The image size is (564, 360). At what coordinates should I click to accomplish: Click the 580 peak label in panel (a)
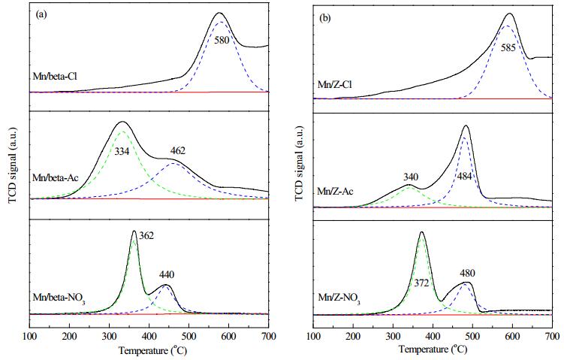(x=222, y=40)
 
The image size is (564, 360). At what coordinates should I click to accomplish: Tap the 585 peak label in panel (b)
(x=508, y=48)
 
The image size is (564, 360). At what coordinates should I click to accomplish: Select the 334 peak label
(x=122, y=152)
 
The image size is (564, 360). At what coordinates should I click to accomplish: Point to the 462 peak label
(x=178, y=151)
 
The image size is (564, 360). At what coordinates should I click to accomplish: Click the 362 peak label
(x=146, y=236)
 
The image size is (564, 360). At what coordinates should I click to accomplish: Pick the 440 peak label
(x=167, y=275)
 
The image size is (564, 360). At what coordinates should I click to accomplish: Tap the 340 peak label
(x=411, y=177)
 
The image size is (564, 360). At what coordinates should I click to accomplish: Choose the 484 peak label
(x=464, y=177)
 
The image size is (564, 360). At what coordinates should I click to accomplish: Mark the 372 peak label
(x=421, y=283)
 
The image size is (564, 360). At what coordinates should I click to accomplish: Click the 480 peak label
(x=468, y=274)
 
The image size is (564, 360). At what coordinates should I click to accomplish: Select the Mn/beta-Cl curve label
(x=55, y=77)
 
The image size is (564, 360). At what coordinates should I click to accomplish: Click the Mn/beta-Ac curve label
(x=56, y=178)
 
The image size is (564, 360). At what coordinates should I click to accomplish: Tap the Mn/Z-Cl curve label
(x=335, y=85)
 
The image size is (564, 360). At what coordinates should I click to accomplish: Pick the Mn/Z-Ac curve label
(x=335, y=191)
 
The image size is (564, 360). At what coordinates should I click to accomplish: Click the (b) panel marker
(x=324, y=19)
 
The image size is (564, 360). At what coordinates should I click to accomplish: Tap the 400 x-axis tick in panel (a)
(x=149, y=337)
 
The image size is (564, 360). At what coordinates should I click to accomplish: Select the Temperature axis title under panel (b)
(x=433, y=350)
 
